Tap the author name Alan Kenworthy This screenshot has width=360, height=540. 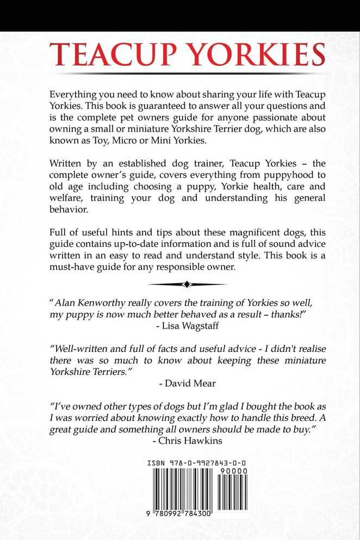pos(90,302)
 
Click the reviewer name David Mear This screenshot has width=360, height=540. pos(188,383)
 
